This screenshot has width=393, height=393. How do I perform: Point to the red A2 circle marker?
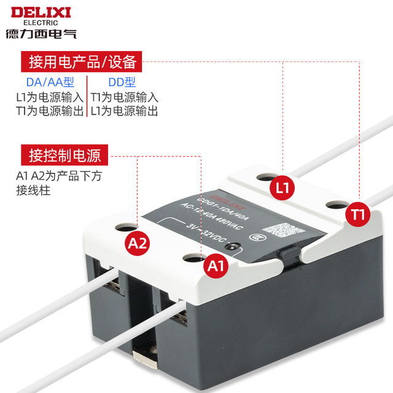click(x=138, y=244)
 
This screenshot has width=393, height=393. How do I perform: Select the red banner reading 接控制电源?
click(x=61, y=154)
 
